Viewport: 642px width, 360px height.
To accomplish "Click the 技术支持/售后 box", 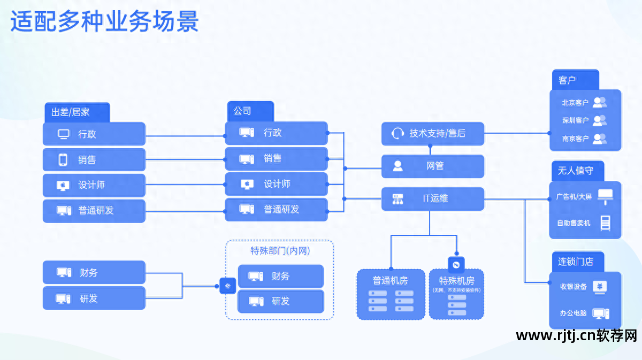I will (x=432, y=133).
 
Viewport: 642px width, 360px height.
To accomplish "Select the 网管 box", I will (x=432, y=166).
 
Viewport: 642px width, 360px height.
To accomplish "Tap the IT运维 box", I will (x=432, y=198).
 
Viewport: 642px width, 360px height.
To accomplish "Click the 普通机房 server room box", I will (x=390, y=294).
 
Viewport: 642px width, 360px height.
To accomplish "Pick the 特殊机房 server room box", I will (x=456, y=295).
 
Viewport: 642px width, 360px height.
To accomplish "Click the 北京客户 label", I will (x=575, y=102).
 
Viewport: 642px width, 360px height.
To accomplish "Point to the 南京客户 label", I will (x=575, y=138).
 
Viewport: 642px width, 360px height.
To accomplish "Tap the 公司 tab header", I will (x=250, y=111).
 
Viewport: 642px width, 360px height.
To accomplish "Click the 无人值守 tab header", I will (x=577, y=171).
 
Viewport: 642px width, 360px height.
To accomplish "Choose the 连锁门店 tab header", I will (x=577, y=262).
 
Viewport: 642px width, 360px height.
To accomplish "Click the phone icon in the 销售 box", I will (x=63, y=159).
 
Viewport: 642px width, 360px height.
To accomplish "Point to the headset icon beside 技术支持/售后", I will (x=397, y=133).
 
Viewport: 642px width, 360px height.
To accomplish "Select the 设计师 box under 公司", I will (x=276, y=184).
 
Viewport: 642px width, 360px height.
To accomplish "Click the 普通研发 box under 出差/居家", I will (x=94, y=211).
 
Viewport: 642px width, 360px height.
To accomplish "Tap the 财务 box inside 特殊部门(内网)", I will (x=280, y=276).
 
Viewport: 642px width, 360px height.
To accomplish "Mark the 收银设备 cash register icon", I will (x=600, y=286).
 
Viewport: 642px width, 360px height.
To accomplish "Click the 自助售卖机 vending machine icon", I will (x=605, y=223).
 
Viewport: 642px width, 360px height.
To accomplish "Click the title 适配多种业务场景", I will (x=105, y=22).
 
